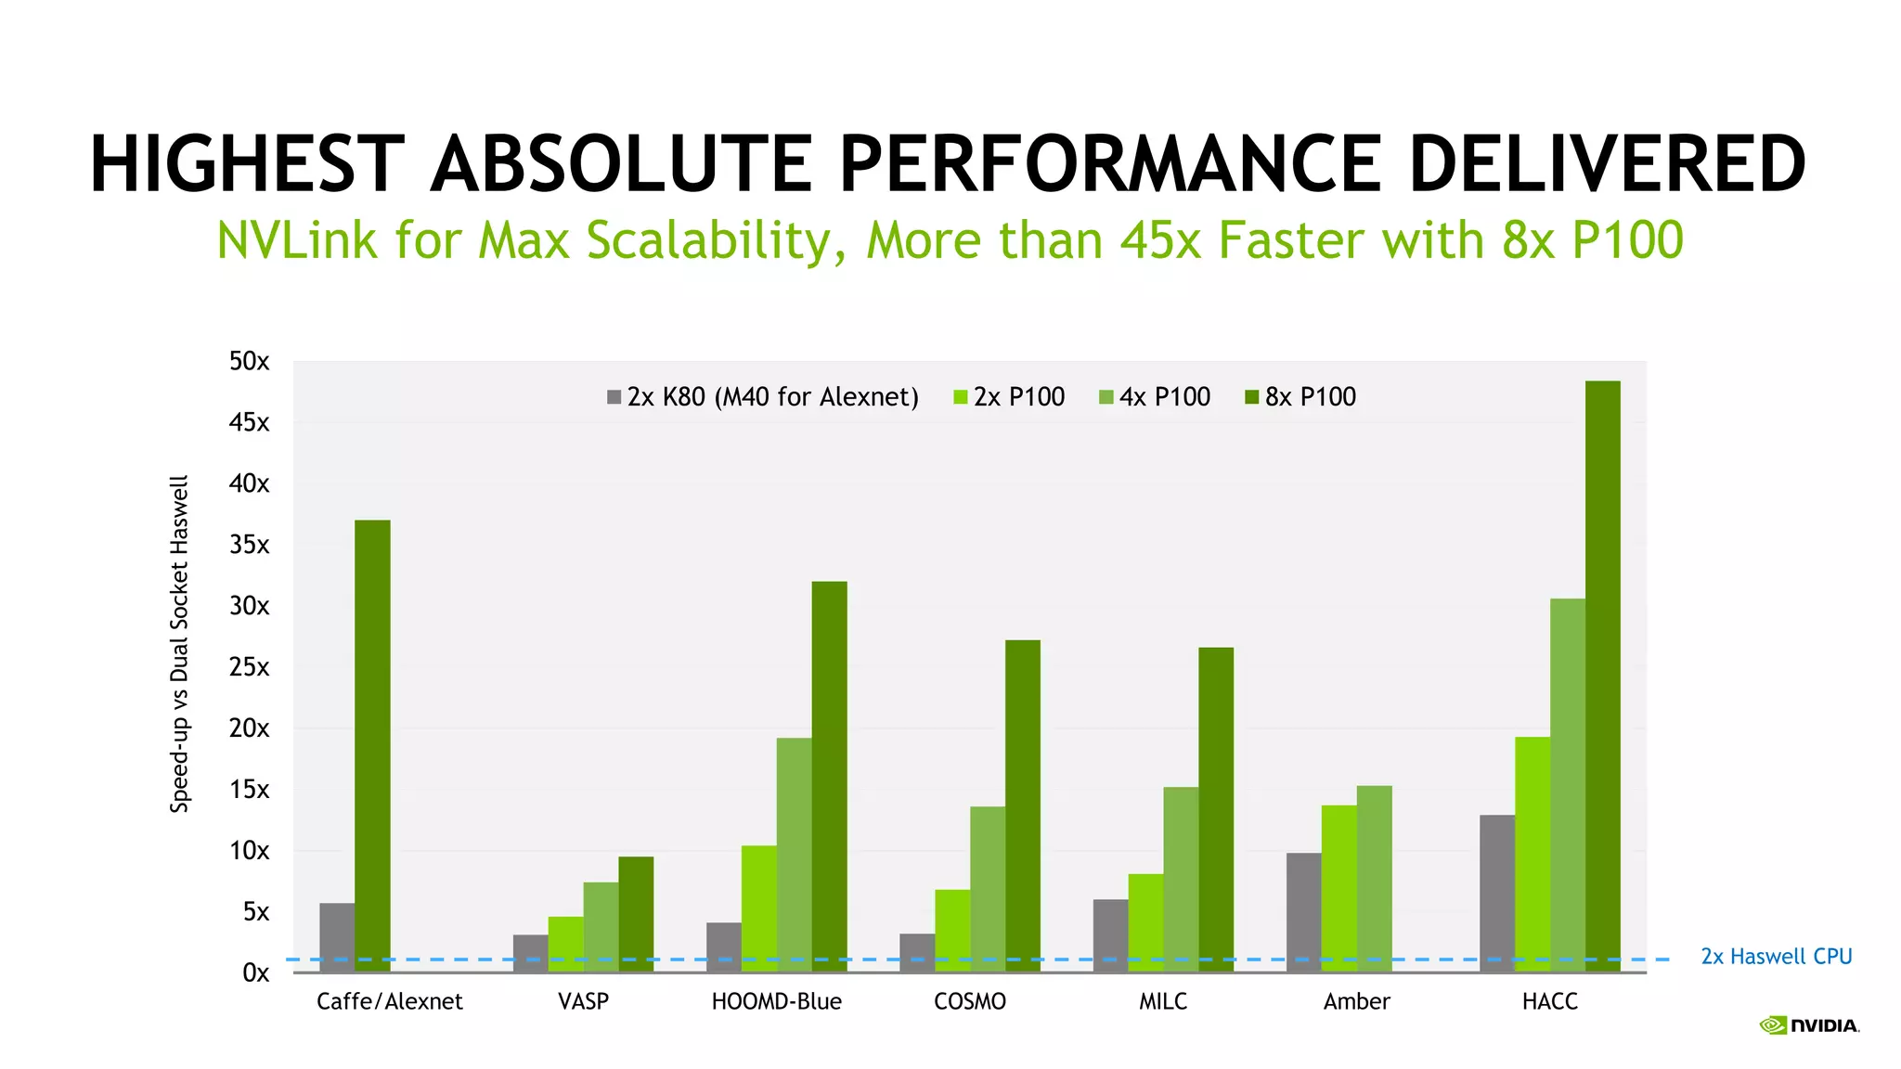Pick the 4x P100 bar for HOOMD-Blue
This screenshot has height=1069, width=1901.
coord(794,854)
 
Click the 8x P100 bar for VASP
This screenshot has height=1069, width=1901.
coord(636,913)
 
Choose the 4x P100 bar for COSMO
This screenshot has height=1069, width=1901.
coord(988,888)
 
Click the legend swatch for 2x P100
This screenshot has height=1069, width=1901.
coord(961,397)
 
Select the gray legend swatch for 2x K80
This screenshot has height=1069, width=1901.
coord(614,397)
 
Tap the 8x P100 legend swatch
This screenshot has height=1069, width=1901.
coord(1252,397)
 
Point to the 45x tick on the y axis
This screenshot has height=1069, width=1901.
coord(249,423)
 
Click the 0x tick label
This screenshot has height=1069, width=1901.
coord(255,972)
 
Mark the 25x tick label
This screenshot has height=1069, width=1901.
coord(249,667)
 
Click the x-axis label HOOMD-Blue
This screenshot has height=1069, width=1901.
coord(776,1001)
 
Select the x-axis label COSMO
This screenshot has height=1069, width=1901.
coord(969,1001)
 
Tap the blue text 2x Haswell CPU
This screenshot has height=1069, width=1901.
coord(1776,957)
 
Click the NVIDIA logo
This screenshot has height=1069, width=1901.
coord(1809,1025)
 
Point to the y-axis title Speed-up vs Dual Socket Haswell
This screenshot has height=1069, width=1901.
coord(179,644)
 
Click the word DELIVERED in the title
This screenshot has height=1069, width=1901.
coord(1607,164)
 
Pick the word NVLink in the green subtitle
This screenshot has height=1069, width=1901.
coord(297,240)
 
